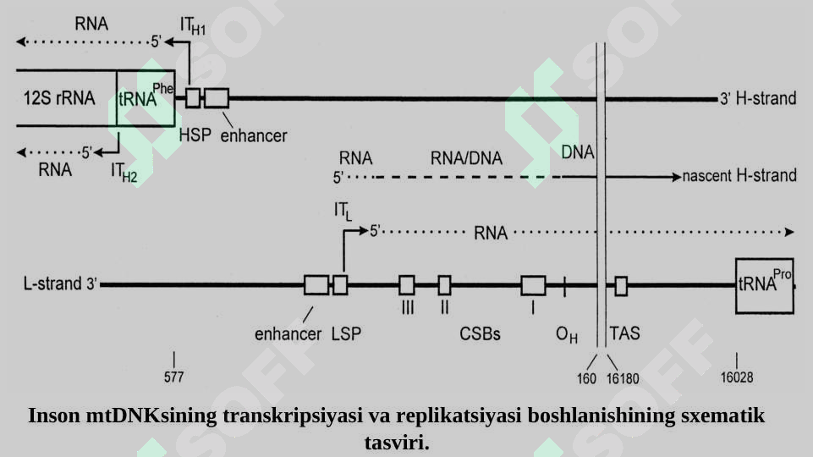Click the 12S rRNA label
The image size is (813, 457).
[x=59, y=98]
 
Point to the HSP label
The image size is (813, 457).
[x=195, y=135]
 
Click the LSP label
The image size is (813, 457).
[x=346, y=333]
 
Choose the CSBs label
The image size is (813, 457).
[x=480, y=333]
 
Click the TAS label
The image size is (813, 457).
[x=625, y=333]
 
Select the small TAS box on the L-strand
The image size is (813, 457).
[x=621, y=286]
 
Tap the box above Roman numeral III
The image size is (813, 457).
[x=407, y=285]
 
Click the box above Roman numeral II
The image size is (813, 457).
[x=444, y=285]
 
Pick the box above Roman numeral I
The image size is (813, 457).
[x=533, y=286]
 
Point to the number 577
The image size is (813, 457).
[x=173, y=377]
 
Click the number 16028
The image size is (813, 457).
[x=737, y=377]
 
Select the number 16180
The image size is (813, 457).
[x=623, y=378]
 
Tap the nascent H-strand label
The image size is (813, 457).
[x=739, y=176]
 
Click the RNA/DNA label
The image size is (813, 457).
[x=466, y=158]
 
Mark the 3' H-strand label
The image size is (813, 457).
[x=758, y=98]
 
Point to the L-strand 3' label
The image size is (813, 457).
[x=60, y=284]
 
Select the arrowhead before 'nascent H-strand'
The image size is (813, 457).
[x=677, y=178]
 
